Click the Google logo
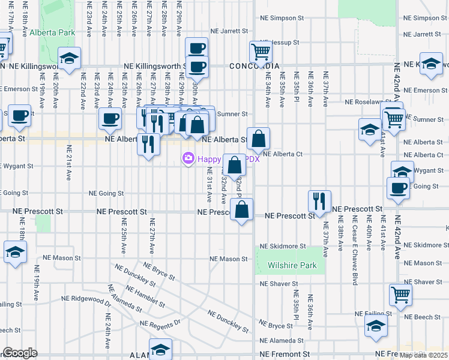pos(20,353)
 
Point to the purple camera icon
pos(188,158)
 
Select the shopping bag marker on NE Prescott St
pos(241,210)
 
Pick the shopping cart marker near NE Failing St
pos(400,295)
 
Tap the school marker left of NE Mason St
pos(15,252)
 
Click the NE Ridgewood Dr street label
pos(86,298)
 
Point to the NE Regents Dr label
pos(160,323)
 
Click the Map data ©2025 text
pos(424,355)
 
